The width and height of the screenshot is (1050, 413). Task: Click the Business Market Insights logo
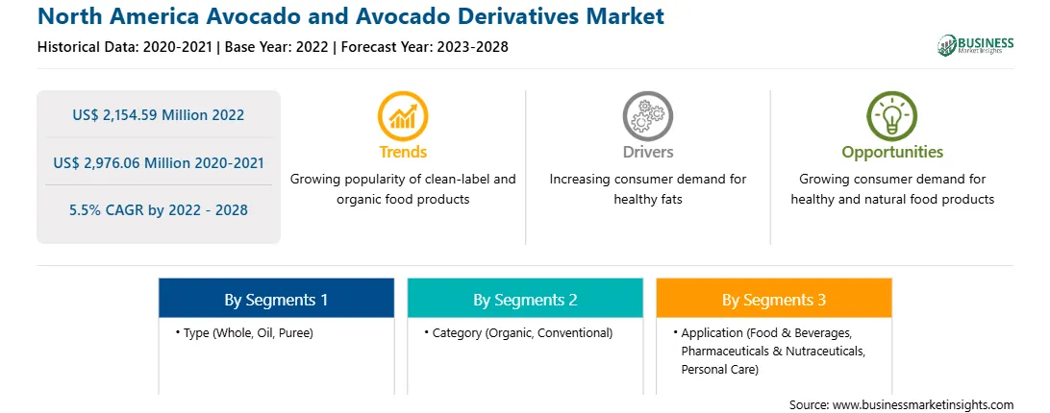[975, 45]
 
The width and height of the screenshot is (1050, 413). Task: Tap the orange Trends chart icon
[403, 116]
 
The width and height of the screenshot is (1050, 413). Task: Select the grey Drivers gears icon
[647, 116]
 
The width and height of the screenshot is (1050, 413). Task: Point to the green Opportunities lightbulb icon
[892, 116]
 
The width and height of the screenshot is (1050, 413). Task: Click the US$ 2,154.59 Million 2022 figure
[158, 115]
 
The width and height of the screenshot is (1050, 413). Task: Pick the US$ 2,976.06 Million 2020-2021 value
[158, 162]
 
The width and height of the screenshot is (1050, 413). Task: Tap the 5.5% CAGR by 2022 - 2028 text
[158, 210]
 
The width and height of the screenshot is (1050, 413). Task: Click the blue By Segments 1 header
[277, 299]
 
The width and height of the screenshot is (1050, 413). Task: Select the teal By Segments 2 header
[525, 299]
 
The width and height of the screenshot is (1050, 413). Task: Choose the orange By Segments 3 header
[774, 299]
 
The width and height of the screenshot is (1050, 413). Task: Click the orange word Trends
[403, 152]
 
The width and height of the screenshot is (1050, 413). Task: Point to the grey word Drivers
[647, 152]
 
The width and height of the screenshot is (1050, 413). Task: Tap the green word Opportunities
[892, 153]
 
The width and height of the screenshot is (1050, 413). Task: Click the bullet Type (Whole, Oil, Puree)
[244, 332]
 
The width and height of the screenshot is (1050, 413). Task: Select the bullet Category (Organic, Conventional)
[518, 332]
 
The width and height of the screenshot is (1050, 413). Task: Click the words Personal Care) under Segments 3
[720, 369]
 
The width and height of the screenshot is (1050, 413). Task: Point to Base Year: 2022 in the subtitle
[277, 47]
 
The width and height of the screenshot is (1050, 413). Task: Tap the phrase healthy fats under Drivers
[647, 200]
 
